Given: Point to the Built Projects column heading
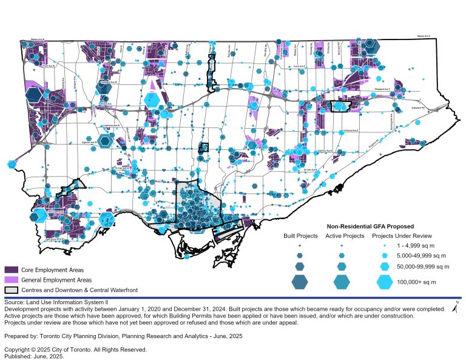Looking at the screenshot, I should pyautogui.click(x=301, y=236).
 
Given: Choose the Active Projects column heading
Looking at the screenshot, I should pyautogui.click(x=345, y=236).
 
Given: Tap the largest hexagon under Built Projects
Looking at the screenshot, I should pyautogui.click(x=300, y=282).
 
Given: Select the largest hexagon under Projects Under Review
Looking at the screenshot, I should pyautogui.click(x=385, y=282).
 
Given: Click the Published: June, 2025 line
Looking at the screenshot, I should pyautogui.click(x=34, y=356).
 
